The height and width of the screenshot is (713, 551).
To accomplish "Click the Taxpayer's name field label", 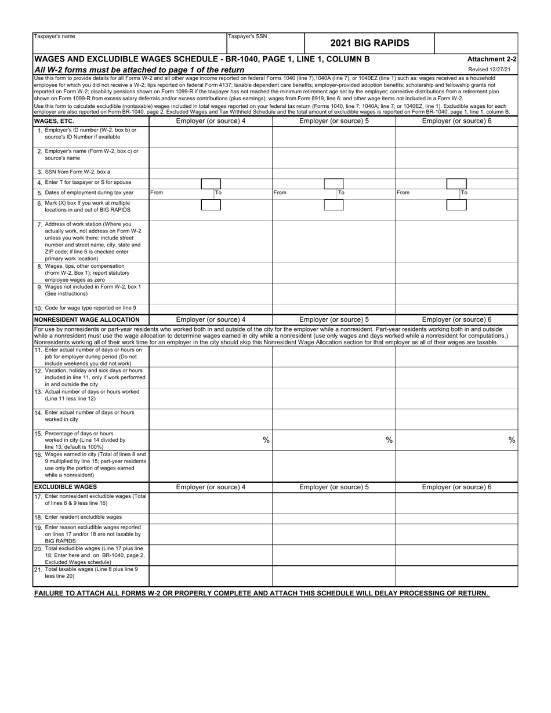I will (x=55, y=37).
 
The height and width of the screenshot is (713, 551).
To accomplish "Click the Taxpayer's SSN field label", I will (x=248, y=37).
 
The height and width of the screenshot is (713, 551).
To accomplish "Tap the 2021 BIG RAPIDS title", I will (x=369, y=43).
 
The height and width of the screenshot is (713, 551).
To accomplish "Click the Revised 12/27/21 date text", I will (x=490, y=70).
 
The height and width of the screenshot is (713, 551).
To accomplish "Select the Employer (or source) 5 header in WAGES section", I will (x=333, y=121).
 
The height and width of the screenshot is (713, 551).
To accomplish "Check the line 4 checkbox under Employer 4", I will (x=211, y=183).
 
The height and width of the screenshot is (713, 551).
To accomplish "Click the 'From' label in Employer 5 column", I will (x=280, y=192).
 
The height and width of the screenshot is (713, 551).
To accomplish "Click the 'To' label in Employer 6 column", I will (x=464, y=192).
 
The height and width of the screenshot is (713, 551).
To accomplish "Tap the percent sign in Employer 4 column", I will (x=266, y=440).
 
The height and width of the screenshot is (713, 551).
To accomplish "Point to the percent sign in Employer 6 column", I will (x=512, y=440).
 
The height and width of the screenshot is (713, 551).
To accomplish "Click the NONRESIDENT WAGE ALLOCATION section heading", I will (x=87, y=319).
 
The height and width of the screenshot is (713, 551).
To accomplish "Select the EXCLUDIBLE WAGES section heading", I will (x=66, y=487).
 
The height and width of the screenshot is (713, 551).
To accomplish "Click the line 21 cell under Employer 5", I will (x=333, y=576).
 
